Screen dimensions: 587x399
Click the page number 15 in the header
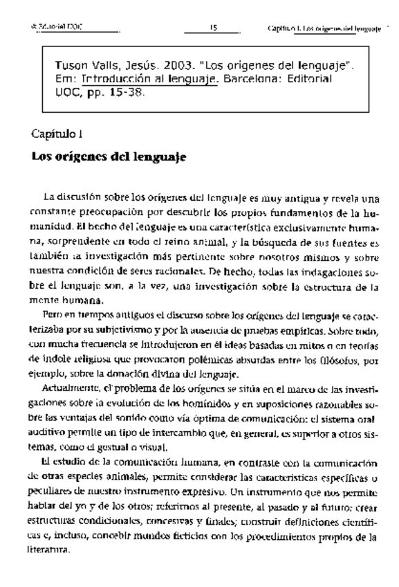click(x=214, y=28)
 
